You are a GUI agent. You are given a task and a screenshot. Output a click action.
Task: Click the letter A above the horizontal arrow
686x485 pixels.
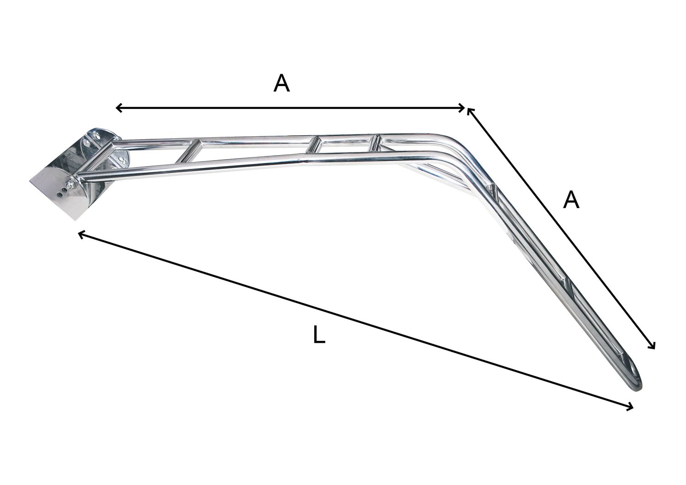282,84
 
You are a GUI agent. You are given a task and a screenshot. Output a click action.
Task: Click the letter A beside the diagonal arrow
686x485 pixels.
571,200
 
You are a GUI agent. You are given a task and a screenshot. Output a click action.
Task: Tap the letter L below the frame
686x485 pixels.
319,335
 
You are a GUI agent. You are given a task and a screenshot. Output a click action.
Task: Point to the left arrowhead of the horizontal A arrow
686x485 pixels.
118,108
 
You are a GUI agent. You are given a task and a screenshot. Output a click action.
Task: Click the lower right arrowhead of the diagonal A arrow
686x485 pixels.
654,347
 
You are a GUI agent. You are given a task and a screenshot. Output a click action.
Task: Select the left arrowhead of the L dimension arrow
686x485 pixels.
81,234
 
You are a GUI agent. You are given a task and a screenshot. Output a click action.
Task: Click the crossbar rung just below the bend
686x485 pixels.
495,190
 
